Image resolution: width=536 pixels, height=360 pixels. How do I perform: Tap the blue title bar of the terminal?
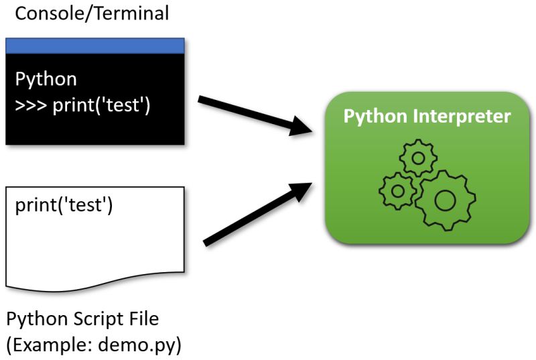point(94,46)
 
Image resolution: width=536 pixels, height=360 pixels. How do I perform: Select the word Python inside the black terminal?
point(46,79)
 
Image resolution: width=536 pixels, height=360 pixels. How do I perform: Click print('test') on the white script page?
point(64,204)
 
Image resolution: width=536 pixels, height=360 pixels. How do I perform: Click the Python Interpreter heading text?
point(427,116)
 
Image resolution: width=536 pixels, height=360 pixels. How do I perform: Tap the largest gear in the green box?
point(444,200)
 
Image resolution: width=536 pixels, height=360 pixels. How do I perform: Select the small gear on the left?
point(398,190)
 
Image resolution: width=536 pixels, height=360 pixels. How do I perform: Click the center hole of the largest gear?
point(444,200)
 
